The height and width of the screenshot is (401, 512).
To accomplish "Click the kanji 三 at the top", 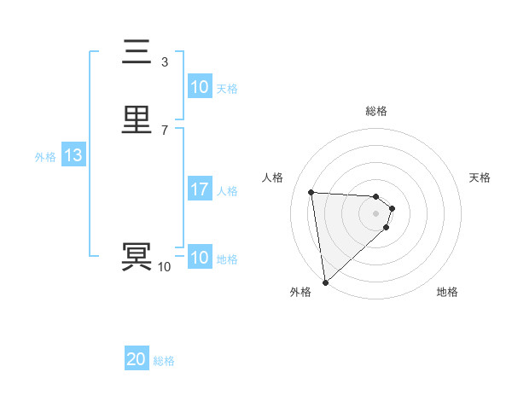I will tap(137, 53).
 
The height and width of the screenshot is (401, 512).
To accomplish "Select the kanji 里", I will tap(137, 120).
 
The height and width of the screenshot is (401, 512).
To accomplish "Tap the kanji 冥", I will tap(137, 257).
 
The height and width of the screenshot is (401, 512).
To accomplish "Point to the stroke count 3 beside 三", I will tap(165, 62).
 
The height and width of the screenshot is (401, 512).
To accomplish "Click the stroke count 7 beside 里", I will tap(165, 130).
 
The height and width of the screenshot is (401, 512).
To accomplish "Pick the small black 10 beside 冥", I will tap(165, 267).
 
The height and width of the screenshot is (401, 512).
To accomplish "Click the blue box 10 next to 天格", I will tap(200, 87).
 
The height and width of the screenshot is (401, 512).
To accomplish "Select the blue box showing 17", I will tap(200, 189).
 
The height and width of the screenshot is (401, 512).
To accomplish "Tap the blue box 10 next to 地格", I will tap(200, 258).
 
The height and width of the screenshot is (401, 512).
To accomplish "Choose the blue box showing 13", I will tap(73, 155).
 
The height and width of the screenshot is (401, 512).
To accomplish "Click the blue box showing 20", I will tap(137, 359).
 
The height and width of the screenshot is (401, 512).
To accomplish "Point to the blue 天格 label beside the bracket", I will tap(227, 89).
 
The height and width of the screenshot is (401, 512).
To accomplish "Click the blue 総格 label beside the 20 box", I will tap(164, 361).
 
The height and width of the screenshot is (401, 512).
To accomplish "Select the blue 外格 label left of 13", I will tap(45, 157).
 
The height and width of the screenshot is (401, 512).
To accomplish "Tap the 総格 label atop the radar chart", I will tap(376, 111).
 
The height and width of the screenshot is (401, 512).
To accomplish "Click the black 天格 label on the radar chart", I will tap(480, 177).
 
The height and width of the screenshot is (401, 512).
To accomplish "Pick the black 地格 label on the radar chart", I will tap(447, 292).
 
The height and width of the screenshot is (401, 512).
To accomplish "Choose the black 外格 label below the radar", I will tap(300, 292).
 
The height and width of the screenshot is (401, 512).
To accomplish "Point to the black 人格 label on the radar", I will tap(273, 177).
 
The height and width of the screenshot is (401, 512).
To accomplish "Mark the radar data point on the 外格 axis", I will tap(324, 282).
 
